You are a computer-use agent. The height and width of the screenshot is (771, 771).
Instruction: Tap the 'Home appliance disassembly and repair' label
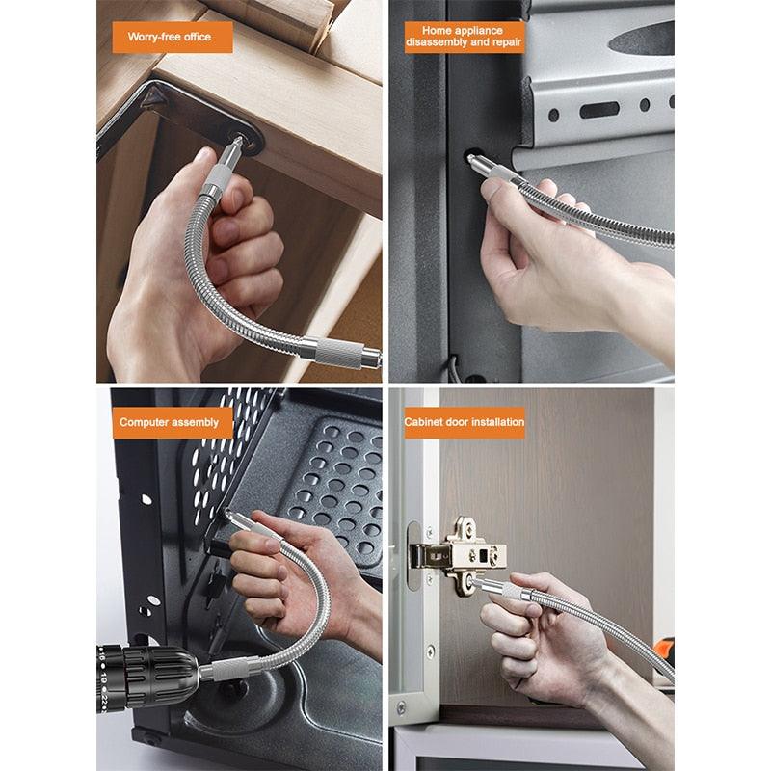tap(464, 37)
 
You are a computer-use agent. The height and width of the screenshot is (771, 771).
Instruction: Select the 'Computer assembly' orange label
tap(170, 422)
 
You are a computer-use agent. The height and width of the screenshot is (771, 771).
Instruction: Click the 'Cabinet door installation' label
tap(464, 422)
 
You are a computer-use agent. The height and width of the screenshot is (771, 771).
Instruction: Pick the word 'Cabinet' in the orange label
tap(424, 422)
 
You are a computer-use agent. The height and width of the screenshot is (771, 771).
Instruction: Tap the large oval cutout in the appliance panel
tap(641, 39)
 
